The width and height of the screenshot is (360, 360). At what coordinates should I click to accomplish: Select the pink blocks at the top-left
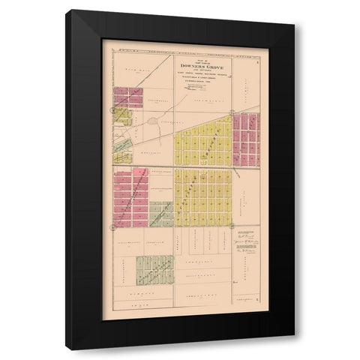(x=128, y=98)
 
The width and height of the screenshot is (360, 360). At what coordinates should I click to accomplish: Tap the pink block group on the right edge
(x=245, y=139)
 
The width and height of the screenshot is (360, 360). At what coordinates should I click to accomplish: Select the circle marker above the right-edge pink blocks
(x=233, y=109)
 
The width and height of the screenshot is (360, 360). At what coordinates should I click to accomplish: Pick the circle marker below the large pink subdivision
(x=113, y=224)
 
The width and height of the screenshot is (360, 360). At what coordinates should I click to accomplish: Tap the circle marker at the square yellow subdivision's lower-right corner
(x=234, y=224)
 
